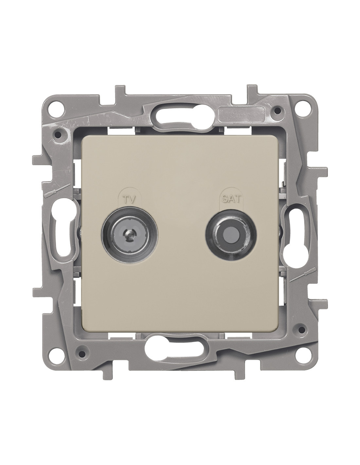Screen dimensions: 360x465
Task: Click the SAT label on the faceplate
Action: pyautogui.click(x=230, y=199)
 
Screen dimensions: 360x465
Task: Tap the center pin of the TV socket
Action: pyautogui.click(x=130, y=232)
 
